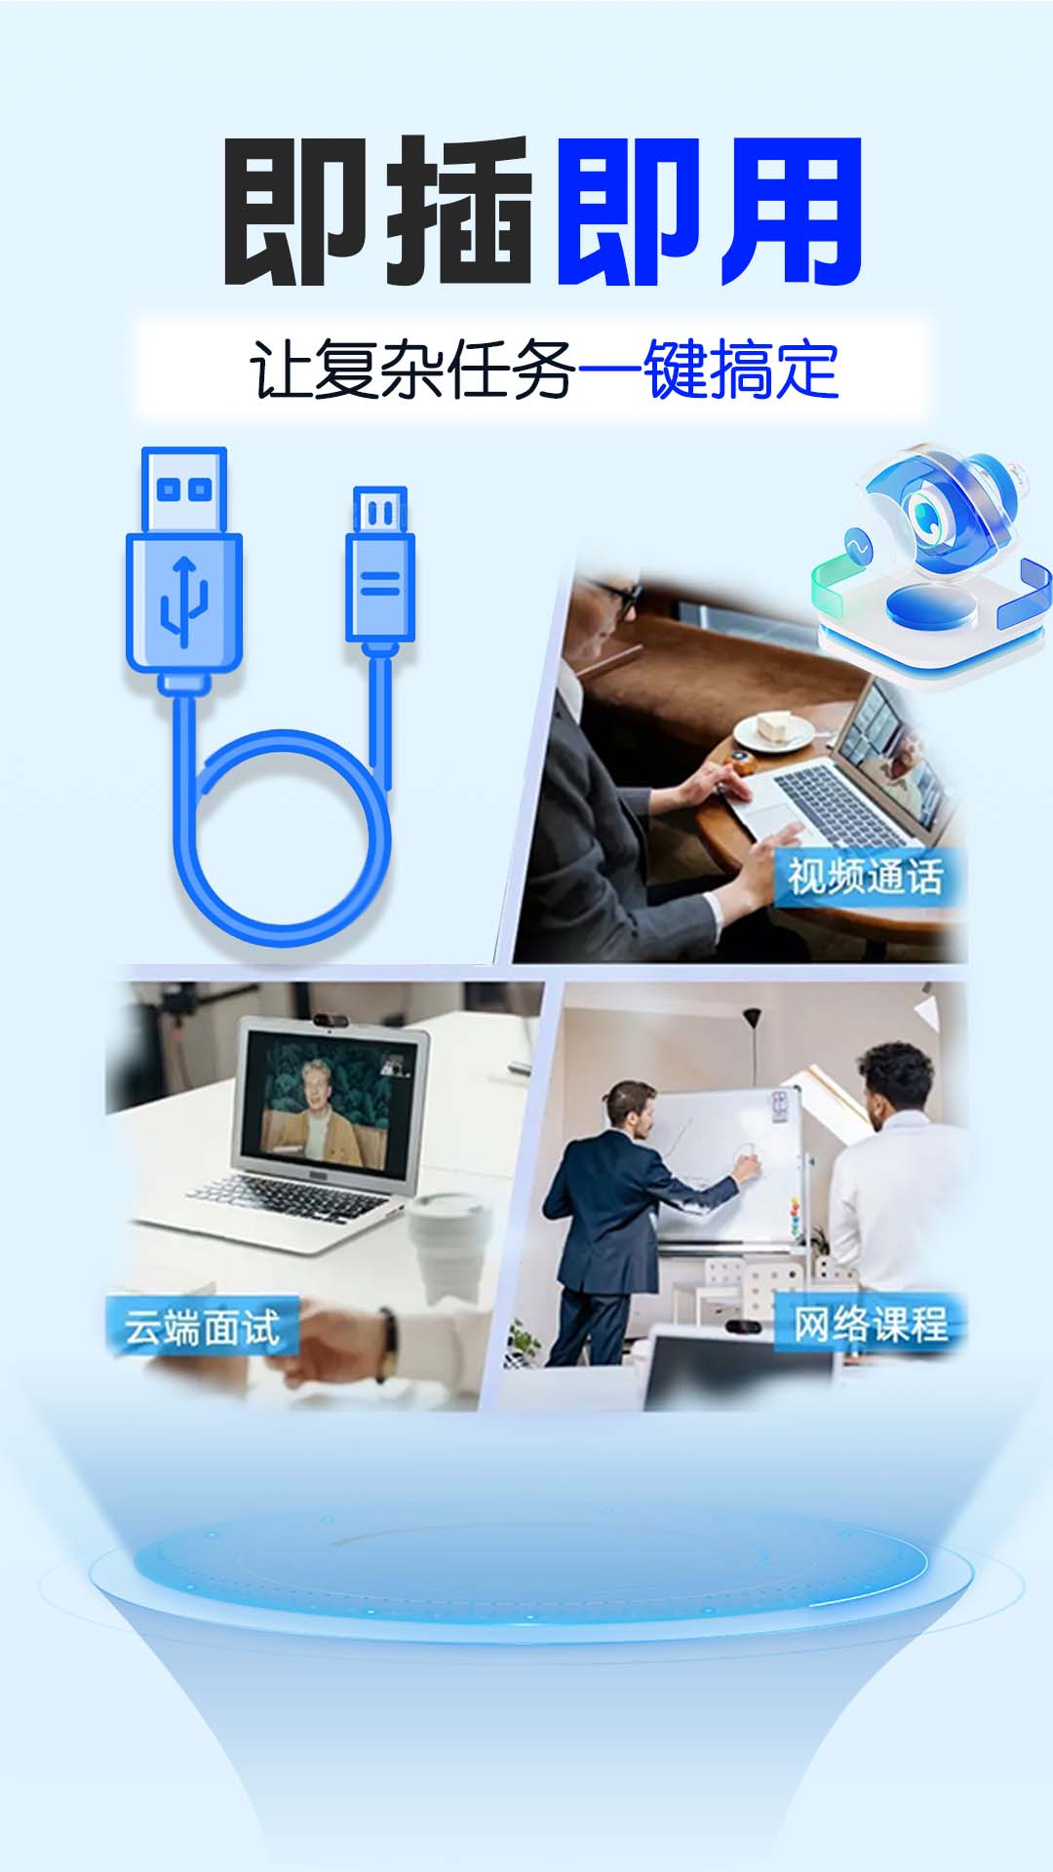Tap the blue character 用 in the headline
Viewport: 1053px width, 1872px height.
pyautogui.click(x=793, y=211)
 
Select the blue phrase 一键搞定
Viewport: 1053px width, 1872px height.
pyautogui.click(x=709, y=370)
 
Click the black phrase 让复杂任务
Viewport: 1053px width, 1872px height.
pyautogui.click(x=413, y=370)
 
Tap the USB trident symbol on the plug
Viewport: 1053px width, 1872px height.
pyautogui.click(x=183, y=600)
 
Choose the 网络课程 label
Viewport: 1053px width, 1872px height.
pyautogui.click(x=870, y=1324)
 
